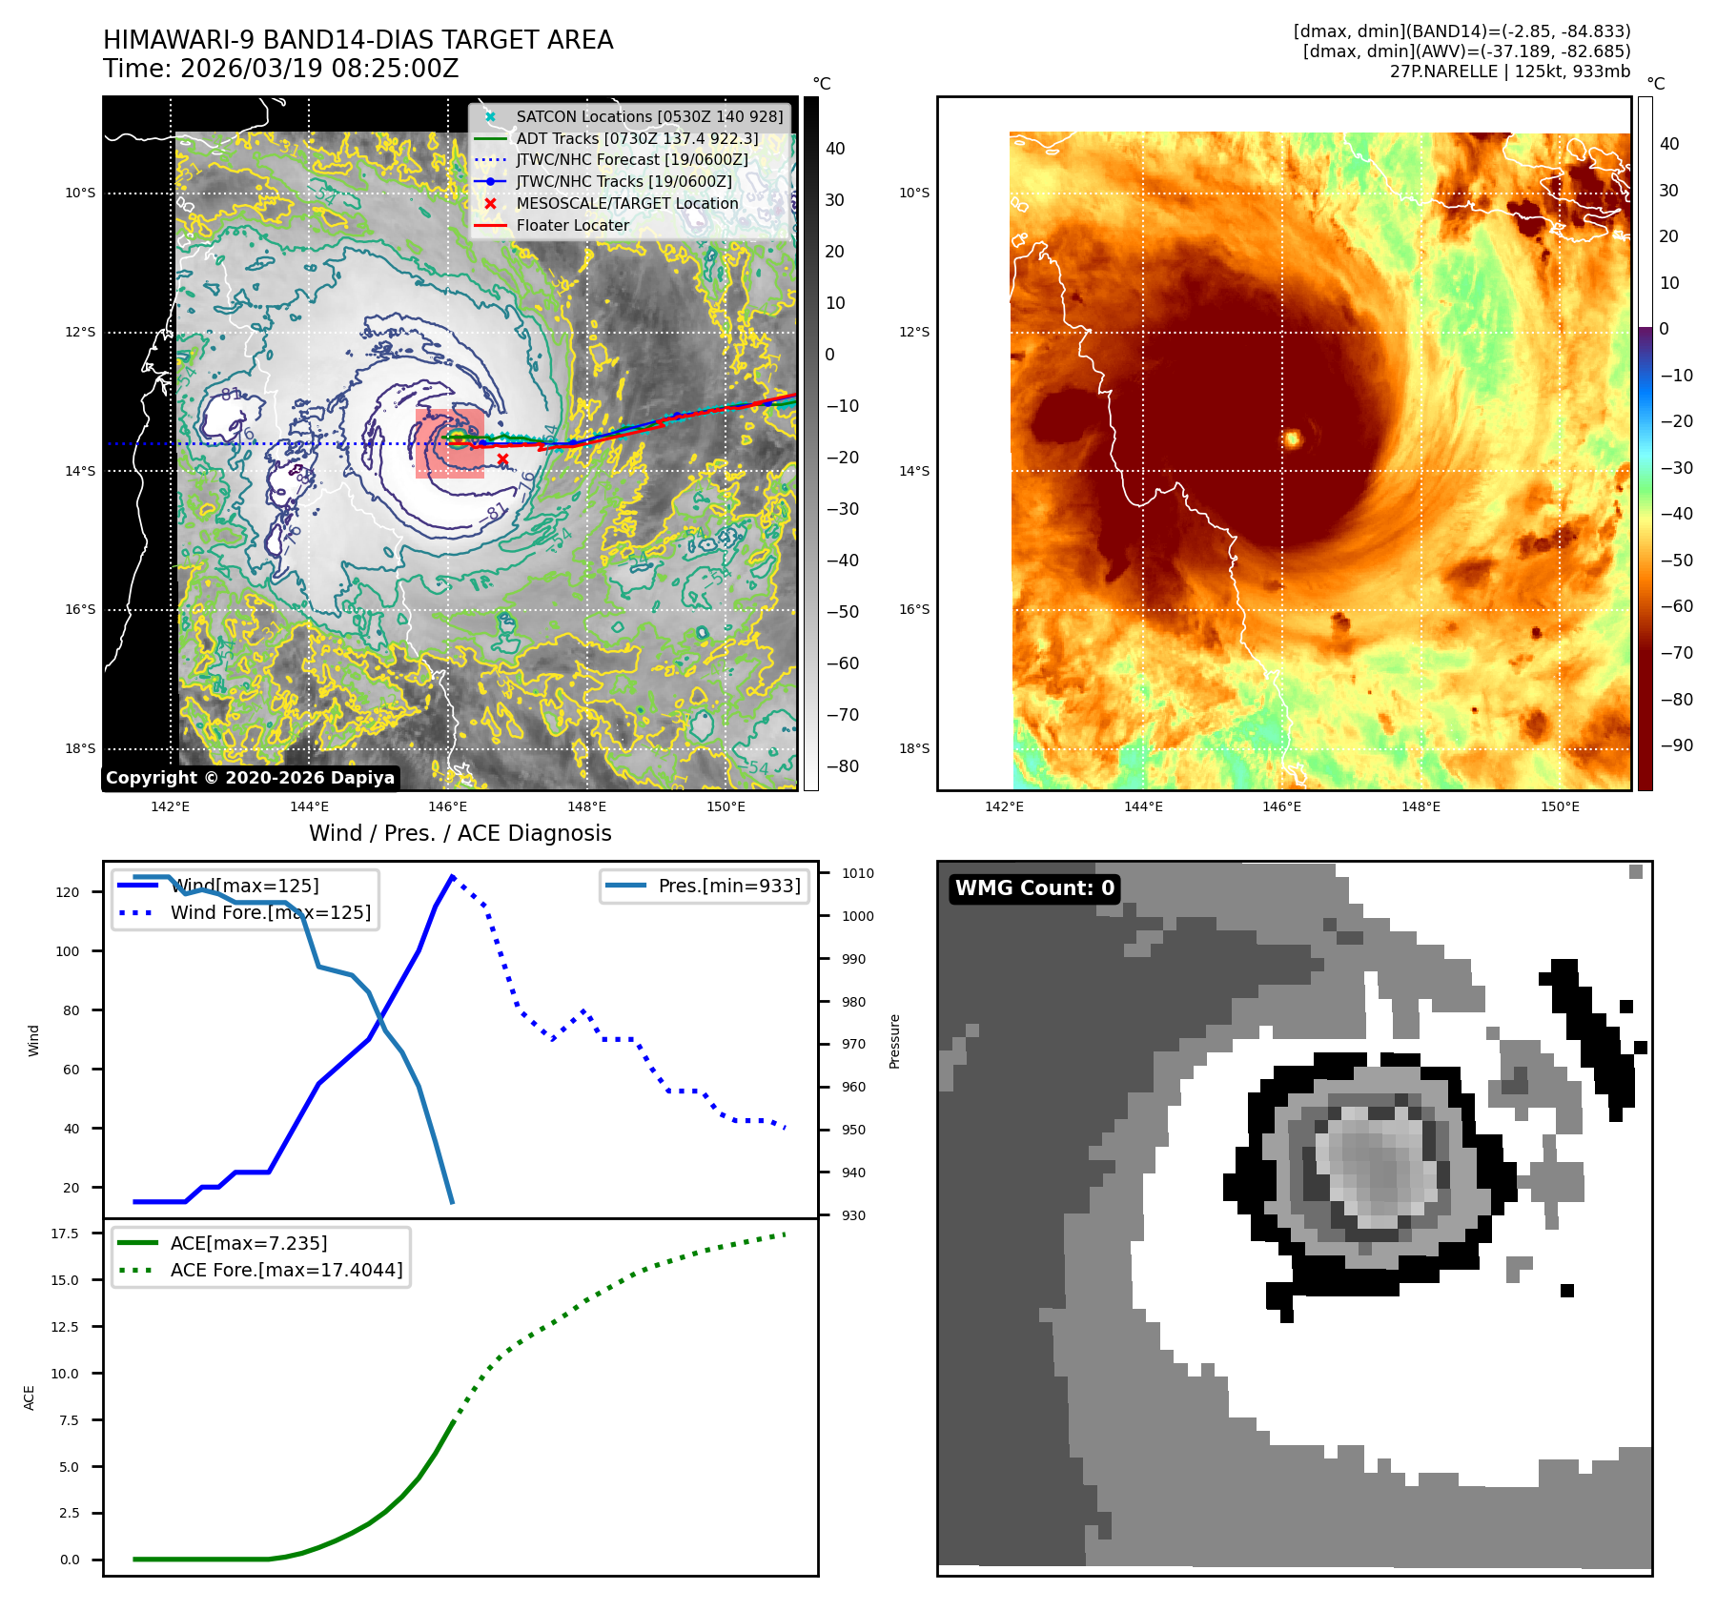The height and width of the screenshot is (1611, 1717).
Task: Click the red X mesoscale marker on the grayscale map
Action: click(502, 459)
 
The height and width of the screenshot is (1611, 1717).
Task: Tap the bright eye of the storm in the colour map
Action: click(1293, 438)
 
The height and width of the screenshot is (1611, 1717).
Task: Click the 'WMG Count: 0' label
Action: click(1034, 888)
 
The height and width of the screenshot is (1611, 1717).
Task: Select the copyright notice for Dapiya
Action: click(250, 778)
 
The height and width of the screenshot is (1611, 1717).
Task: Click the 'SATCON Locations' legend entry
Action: click(648, 116)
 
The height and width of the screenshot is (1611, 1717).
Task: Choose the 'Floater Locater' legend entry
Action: click(572, 226)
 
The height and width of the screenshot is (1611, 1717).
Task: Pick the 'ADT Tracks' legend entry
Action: click(637, 138)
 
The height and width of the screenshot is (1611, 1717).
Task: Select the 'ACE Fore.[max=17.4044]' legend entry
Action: click(286, 1270)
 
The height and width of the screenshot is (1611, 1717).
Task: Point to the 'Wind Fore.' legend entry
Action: click(270, 912)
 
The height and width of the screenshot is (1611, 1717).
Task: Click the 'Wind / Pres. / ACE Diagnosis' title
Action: click(460, 833)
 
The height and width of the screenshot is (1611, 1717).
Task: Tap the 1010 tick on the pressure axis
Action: click(857, 873)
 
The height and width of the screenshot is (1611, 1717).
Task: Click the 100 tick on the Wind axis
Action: click(68, 951)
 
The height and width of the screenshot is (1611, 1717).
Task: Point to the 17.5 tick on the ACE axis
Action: click(65, 1234)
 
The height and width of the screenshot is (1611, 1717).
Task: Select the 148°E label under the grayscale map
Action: click(586, 806)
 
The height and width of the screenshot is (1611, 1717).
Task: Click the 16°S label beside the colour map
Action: click(913, 610)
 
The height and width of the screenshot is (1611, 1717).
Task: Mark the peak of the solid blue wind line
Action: click(452, 875)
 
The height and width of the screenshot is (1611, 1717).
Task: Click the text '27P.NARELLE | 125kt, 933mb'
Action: click(1509, 71)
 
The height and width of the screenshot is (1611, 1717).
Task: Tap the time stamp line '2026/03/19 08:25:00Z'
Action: click(319, 69)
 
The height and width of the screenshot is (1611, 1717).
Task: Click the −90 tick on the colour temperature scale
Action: click(1676, 745)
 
